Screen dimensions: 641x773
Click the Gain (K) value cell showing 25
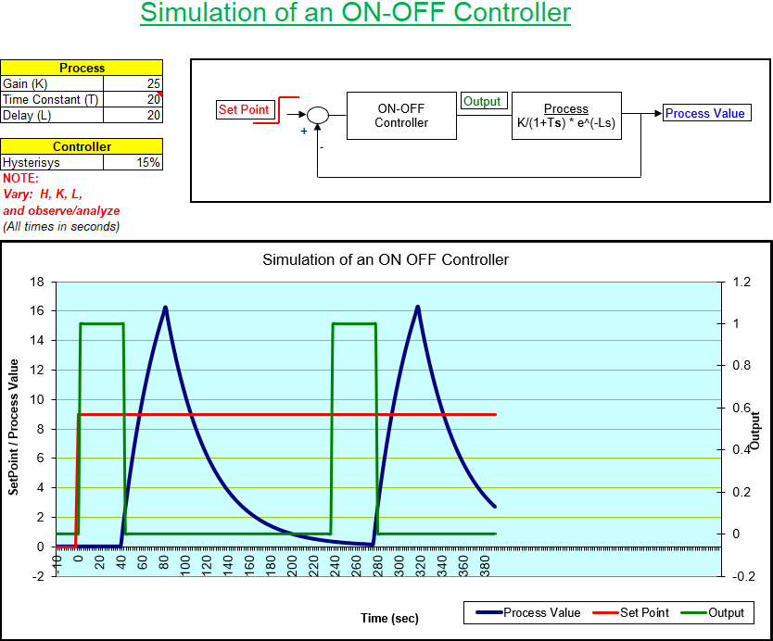click(133, 83)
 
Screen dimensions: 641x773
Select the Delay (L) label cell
click(52, 115)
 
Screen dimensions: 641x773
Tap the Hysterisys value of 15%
click(133, 162)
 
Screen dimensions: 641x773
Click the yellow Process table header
click(82, 68)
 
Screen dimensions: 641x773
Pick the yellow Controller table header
click(82, 146)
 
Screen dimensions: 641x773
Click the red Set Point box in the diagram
click(244, 109)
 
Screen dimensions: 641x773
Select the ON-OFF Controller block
click(401, 115)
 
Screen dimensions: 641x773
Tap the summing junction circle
click(317, 115)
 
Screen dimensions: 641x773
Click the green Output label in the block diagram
click(482, 102)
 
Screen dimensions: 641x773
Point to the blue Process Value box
click(704, 113)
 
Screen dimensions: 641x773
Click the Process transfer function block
click(565, 116)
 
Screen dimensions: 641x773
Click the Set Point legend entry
click(635, 612)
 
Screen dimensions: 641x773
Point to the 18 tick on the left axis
click(37, 281)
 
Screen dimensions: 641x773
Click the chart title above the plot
click(386, 259)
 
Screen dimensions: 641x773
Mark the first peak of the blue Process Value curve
click(165, 307)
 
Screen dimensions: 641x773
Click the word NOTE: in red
click(20, 178)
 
